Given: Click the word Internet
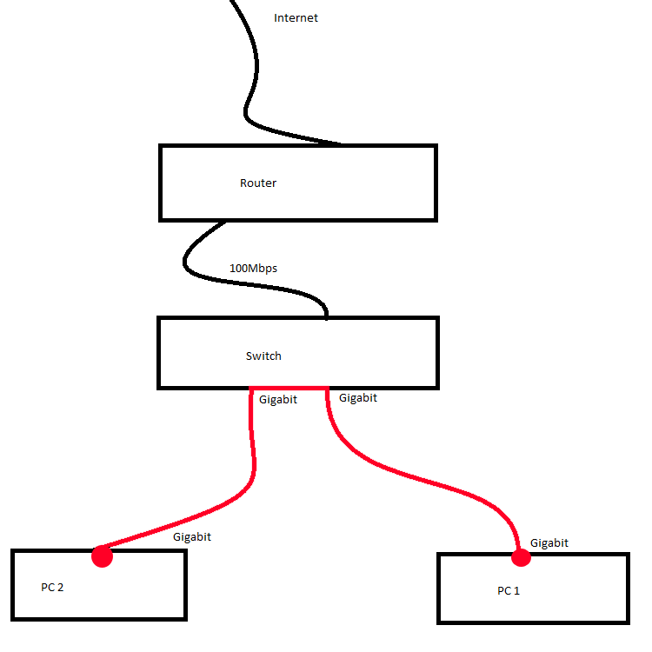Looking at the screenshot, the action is [296, 18].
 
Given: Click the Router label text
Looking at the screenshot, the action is [258, 183].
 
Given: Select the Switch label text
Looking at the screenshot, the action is [263, 356].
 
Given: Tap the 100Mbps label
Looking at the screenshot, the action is [253, 269].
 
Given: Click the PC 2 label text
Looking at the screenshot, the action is [52, 587].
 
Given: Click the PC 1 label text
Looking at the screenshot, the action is [509, 590].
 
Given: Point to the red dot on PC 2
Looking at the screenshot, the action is [102, 556].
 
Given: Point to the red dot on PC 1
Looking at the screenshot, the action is [521, 557].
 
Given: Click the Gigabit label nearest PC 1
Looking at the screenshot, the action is [549, 543].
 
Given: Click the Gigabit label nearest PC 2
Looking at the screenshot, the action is [192, 537].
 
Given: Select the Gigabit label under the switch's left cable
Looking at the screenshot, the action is [278, 400].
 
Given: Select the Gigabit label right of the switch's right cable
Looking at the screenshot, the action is [358, 398].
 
